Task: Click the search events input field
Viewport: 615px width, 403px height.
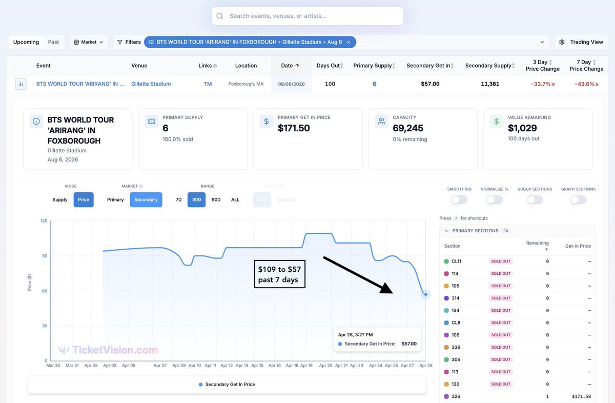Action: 307,16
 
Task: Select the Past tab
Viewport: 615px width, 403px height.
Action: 53,42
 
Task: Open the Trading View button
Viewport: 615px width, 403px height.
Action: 581,42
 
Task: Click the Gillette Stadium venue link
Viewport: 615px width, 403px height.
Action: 151,84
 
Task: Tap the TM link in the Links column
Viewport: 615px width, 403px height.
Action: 208,84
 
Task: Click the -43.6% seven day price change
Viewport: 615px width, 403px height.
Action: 586,84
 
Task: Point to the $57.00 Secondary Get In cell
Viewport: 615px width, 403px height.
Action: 430,84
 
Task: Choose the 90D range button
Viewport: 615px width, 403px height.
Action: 216,200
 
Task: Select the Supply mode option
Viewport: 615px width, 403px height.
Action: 60,200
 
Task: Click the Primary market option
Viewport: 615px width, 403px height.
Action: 115,200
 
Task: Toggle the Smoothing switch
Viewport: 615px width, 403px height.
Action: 459,200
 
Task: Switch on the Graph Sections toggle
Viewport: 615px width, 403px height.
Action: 578,200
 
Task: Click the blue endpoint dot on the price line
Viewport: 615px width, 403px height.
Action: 425,294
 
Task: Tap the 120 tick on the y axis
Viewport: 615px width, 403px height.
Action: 44,221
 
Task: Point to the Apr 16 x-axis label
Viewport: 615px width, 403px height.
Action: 275,366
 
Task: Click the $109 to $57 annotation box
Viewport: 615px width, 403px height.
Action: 279,274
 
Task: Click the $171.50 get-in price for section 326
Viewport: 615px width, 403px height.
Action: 581,396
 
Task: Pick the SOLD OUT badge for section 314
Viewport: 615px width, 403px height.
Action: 501,298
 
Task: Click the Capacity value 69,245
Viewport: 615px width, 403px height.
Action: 408,128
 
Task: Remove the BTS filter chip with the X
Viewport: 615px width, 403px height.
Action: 348,42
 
